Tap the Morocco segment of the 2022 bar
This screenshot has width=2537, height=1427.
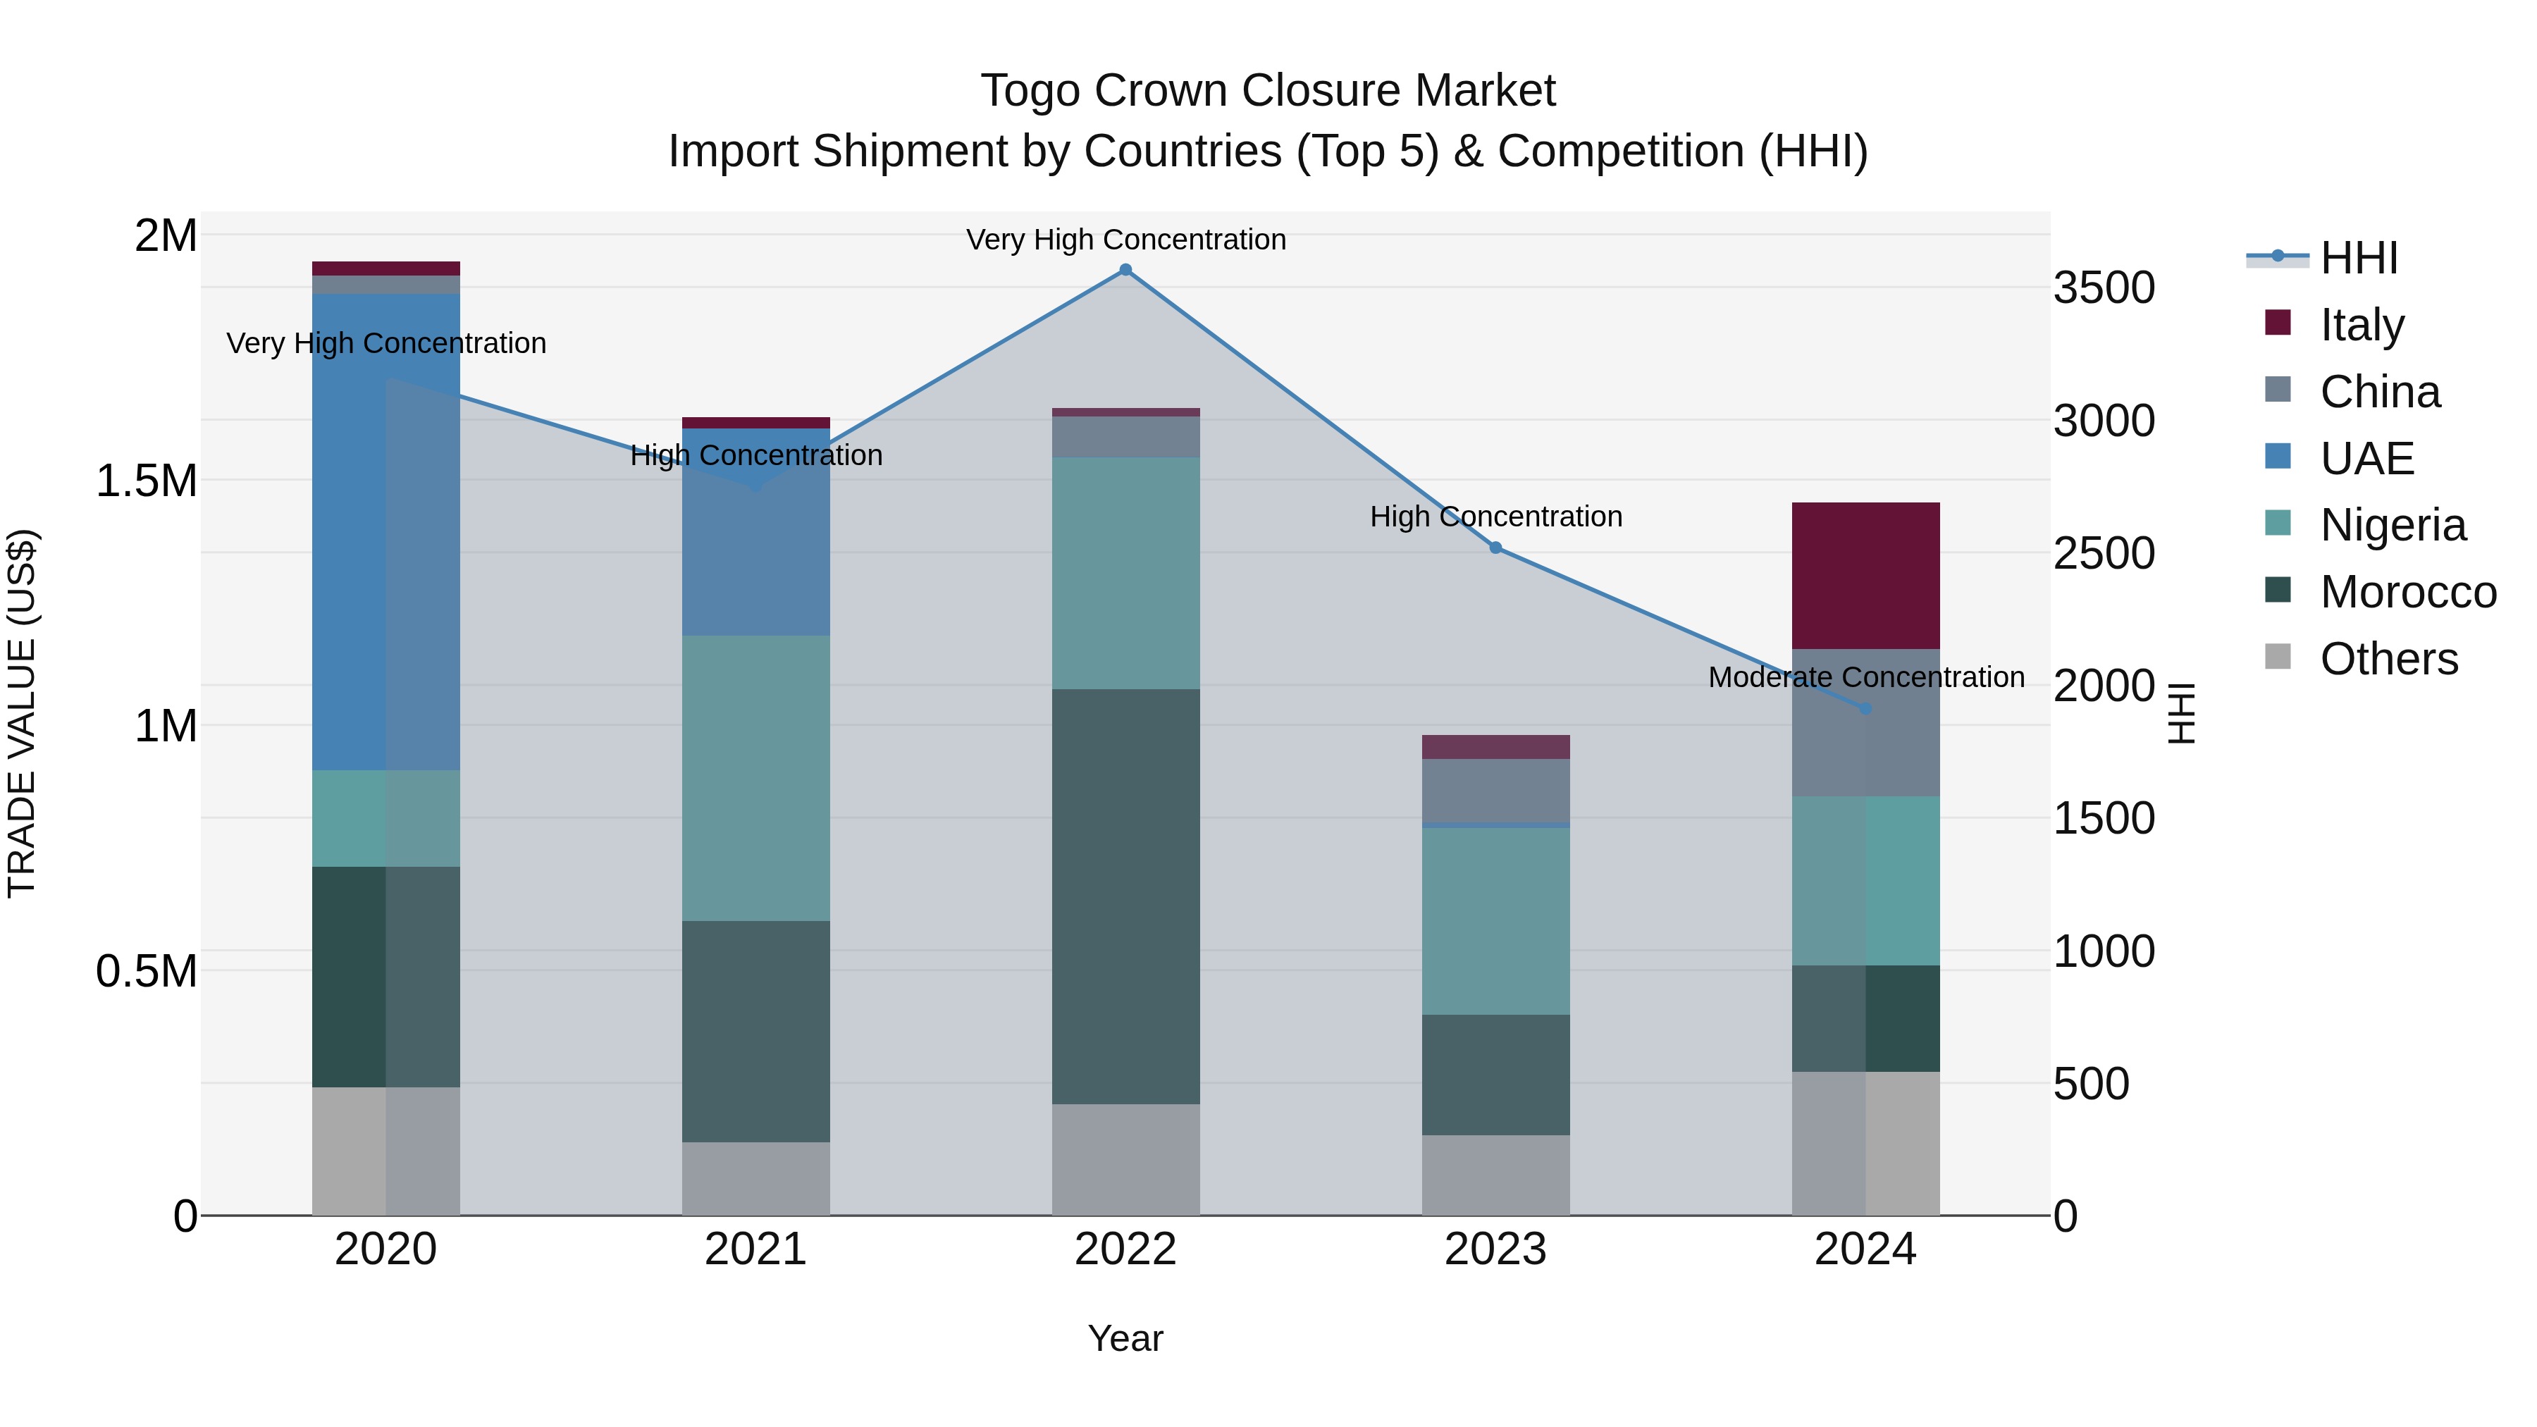1125,896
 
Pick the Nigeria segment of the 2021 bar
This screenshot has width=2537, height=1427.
755,778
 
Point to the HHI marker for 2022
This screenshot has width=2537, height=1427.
1125,270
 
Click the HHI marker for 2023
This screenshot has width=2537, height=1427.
1495,548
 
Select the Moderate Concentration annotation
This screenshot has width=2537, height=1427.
1865,677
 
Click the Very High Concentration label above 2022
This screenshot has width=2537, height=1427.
1125,240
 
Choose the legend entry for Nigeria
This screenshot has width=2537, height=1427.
2393,525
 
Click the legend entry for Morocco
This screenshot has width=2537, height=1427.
2407,592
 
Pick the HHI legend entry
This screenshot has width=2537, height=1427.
2358,258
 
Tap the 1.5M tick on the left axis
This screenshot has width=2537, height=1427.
146,481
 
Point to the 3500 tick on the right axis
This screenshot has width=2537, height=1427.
2104,288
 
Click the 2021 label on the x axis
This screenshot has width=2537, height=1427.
755,1249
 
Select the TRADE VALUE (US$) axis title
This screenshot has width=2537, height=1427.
22,713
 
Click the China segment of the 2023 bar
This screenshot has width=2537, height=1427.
1495,790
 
